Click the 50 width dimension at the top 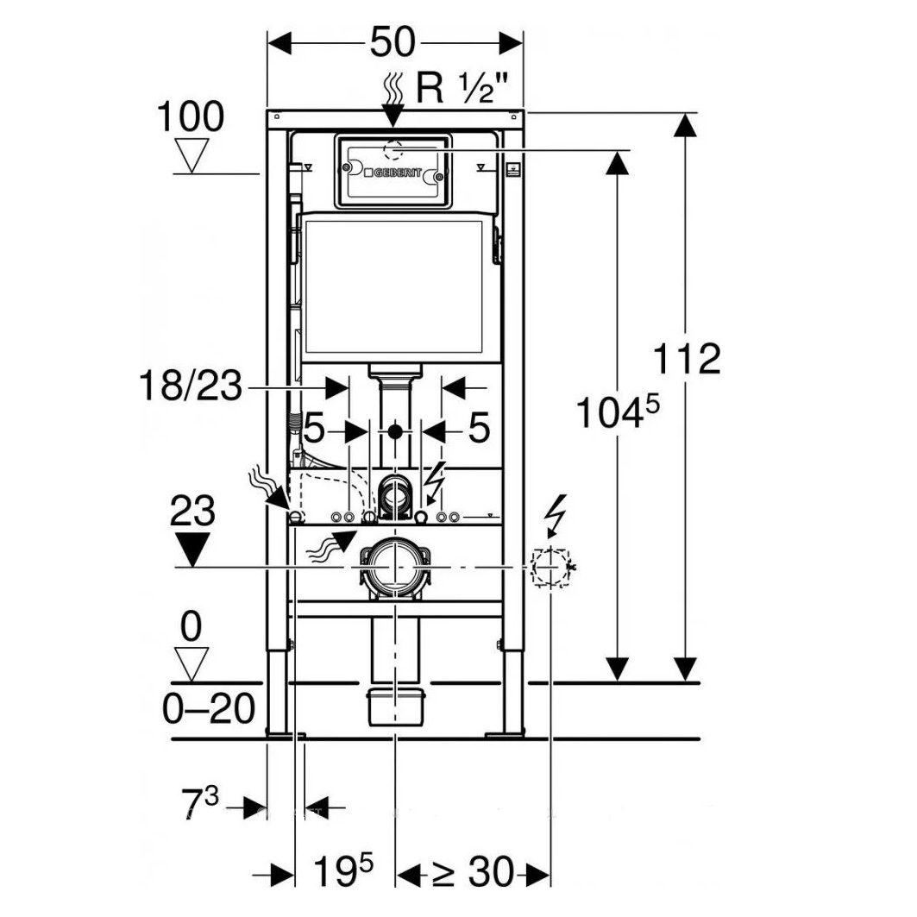click(x=393, y=41)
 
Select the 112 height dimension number click(x=686, y=358)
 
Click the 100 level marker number click(x=190, y=116)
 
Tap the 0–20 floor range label click(x=210, y=709)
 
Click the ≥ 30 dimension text click(x=472, y=874)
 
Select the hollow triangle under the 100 click(x=191, y=154)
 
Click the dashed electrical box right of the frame click(x=550, y=567)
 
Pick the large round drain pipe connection click(x=395, y=566)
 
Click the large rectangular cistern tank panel click(x=394, y=287)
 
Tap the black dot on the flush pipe click(x=395, y=429)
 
